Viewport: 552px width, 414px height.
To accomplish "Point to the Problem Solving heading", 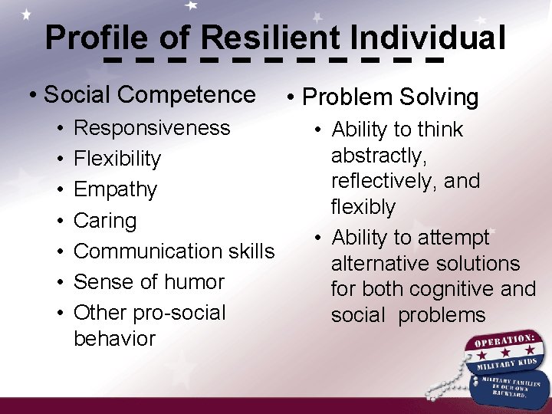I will click(x=390, y=97).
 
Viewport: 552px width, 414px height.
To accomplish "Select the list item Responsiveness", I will click(x=152, y=127).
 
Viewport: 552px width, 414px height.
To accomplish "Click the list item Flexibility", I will click(x=117, y=159).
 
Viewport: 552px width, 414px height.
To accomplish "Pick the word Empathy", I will click(x=115, y=189).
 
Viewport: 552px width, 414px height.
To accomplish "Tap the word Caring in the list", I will click(x=105, y=221).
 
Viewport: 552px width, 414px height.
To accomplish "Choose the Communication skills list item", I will click(x=174, y=251).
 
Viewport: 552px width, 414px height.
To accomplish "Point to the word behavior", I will click(x=114, y=338).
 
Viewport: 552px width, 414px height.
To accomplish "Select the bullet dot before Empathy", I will click(x=58, y=189).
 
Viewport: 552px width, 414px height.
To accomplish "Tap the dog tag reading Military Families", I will click(x=508, y=383).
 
